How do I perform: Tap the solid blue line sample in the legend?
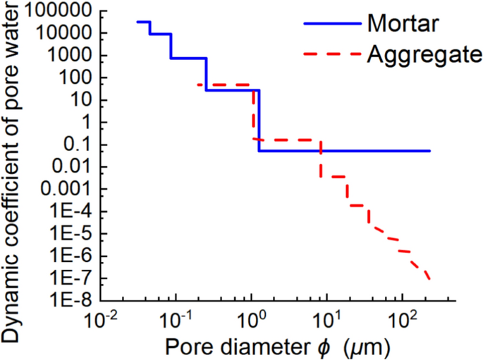331,23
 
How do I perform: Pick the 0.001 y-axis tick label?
68,190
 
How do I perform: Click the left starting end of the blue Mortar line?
137,22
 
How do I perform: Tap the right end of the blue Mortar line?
429,151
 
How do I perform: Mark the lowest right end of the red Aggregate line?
429,280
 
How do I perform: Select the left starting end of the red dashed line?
198,85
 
